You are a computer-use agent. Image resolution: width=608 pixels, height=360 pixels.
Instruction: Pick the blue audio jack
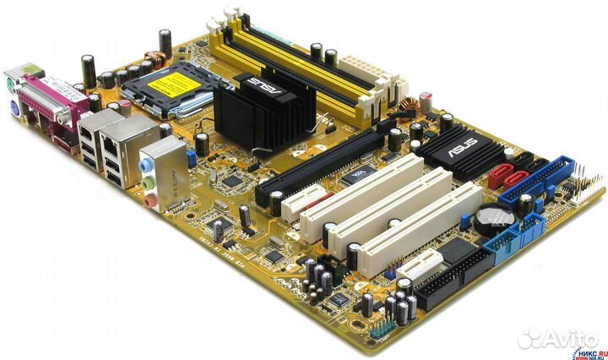[146, 163]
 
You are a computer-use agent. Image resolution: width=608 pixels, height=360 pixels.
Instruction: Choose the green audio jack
[148, 182]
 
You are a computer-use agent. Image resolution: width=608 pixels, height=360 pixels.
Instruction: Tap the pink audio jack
[150, 200]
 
